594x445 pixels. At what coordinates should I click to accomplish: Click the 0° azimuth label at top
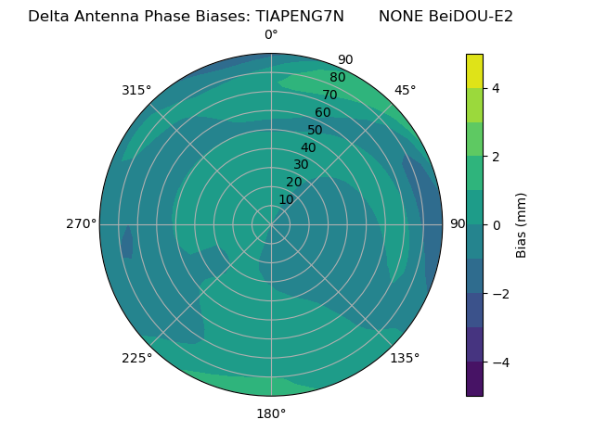[x=271, y=35]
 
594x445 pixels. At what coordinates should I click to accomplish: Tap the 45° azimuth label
[x=405, y=90]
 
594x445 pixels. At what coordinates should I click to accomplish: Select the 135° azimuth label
[x=405, y=358]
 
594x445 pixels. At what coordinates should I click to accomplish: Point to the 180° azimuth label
[x=271, y=413]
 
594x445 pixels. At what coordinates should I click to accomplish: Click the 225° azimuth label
[x=136, y=358]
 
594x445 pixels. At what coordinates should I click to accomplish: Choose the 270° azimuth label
[x=82, y=224]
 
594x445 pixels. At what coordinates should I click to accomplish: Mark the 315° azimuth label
[x=136, y=90]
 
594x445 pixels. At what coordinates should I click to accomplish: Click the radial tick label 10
[x=286, y=199]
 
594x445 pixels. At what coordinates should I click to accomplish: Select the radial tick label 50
[x=316, y=131]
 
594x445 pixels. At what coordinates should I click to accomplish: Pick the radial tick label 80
[x=338, y=78]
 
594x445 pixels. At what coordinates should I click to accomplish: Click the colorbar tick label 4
[x=497, y=89]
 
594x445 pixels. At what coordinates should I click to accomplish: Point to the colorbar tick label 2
[x=497, y=157]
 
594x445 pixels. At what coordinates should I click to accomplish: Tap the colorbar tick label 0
[x=497, y=225]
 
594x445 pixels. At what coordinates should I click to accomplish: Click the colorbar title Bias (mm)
[x=522, y=225]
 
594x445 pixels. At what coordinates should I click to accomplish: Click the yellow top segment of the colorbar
[x=474, y=70]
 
